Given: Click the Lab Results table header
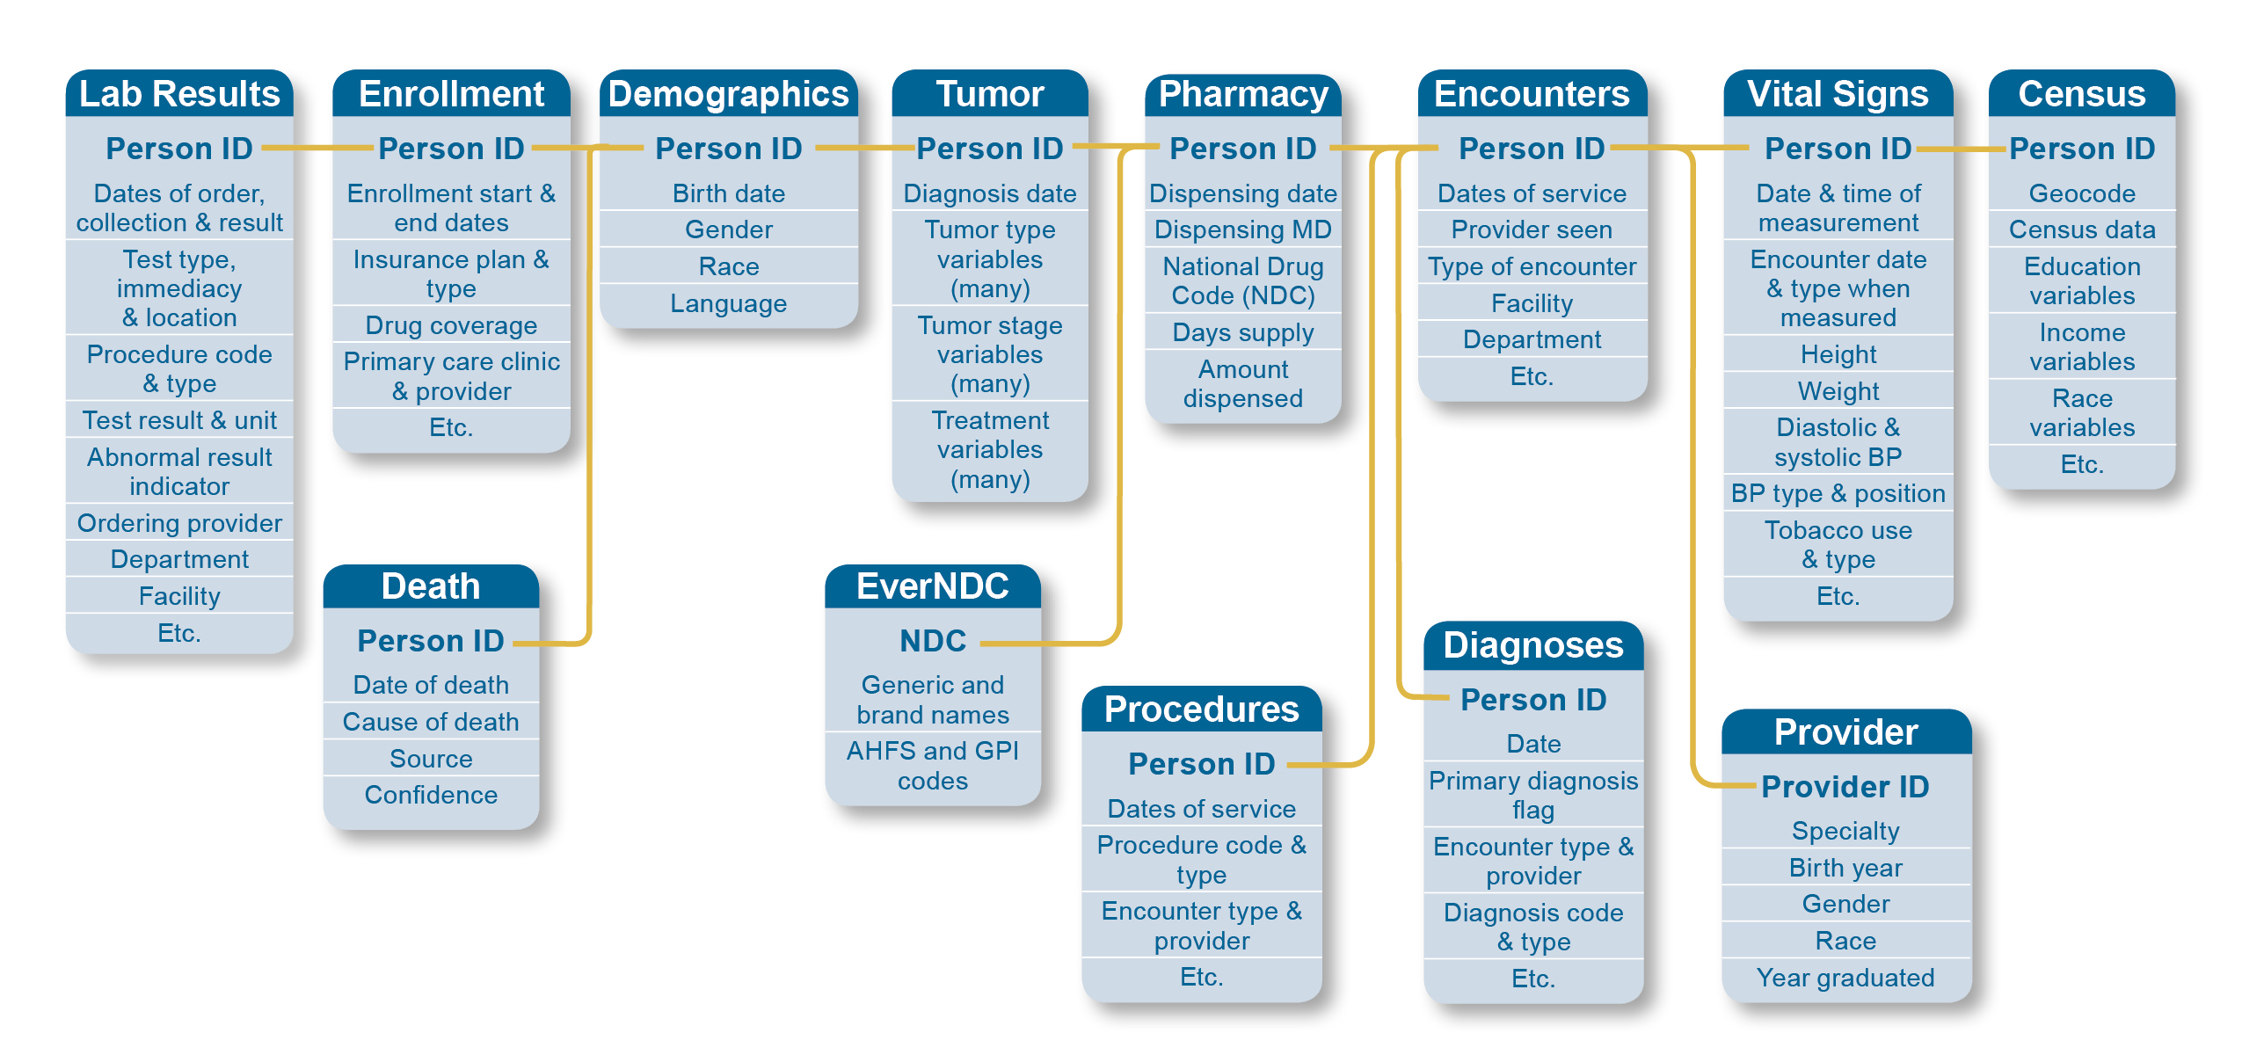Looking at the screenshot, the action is click(179, 94).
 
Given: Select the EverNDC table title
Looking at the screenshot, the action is click(933, 586).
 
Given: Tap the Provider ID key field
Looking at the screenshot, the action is click(1845, 787).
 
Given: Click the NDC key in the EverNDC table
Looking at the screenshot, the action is click(933, 641).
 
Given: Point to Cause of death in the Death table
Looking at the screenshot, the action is click(431, 722).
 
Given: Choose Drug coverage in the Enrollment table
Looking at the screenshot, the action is click(451, 325).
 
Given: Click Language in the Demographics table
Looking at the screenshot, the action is click(729, 304).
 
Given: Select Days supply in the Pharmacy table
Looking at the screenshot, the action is click(1243, 333).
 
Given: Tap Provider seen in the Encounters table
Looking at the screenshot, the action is click(1532, 230).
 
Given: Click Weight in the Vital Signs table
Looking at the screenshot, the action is click(1838, 391).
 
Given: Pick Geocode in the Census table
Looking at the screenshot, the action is click(2082, 193).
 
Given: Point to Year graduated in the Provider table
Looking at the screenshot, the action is click(1845, 978).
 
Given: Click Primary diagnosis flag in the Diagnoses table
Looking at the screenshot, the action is click(1533, 795).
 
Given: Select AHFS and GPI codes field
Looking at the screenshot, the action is click(933, 766).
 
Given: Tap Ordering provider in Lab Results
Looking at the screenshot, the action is click(179, 524).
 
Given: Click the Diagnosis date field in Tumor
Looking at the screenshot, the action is click(990, 193).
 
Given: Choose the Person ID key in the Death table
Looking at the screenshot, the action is click(431, 641).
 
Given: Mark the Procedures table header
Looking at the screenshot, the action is click(1201, 709).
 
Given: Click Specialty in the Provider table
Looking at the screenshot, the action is click(1845, 832).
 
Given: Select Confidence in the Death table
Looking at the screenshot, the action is click(431, 795).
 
